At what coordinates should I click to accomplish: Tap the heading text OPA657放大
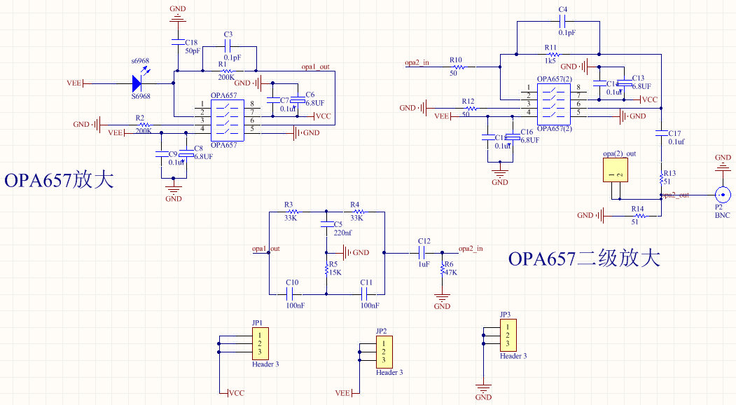click(60, 180)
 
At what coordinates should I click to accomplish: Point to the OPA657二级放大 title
click(584, 259)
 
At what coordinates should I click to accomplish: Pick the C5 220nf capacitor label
click(342, 228)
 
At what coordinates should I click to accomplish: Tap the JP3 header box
click(508, 336)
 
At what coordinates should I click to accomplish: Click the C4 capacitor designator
click(562, 9)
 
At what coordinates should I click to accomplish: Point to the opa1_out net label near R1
click(315, 67)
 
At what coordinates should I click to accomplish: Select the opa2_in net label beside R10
click(417, 63)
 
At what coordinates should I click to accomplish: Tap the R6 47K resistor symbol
click(442, 270)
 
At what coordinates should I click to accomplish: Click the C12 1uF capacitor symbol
click(424, 252)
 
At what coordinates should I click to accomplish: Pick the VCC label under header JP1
click(237, 393)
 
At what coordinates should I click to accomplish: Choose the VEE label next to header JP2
click(342, 393)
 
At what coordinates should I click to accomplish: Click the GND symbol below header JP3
click(483, 388)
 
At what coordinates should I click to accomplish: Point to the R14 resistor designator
click(637, 209)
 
